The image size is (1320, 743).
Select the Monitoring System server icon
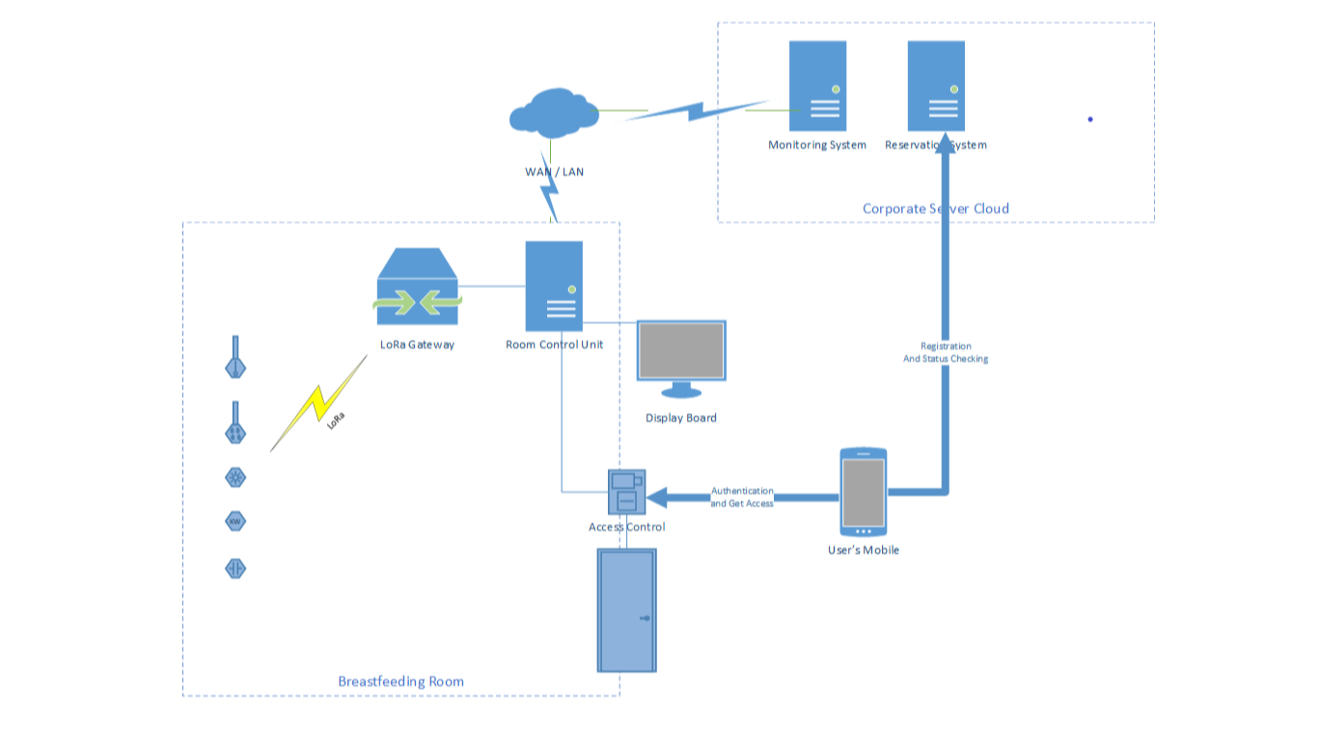(x=817, y=86)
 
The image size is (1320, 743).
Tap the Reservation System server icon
(x=936, y=86)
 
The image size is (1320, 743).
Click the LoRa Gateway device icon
(x=417, y=288)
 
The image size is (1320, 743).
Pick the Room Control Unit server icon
(x=554, y=287)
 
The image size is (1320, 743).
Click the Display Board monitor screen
(x=681, y=350)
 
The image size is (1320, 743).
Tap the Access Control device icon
(x=626, y=492)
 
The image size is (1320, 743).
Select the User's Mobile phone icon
(x=863, y=492)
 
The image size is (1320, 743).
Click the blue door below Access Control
(x=627, y=610)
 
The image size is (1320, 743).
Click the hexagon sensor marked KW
(x=235, y=522)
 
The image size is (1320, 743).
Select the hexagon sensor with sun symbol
(x=235, y=477)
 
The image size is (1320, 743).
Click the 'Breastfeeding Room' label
(x=400, y=681)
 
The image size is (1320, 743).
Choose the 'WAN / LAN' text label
(x=554, y=172)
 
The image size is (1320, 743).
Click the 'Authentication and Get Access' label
(x=742, y=497)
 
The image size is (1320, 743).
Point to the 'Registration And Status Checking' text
(x=946, y=352)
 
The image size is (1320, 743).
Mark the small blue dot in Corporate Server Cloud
(x=1090, y=120)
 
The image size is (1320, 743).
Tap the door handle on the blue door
(x=645, y=618)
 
